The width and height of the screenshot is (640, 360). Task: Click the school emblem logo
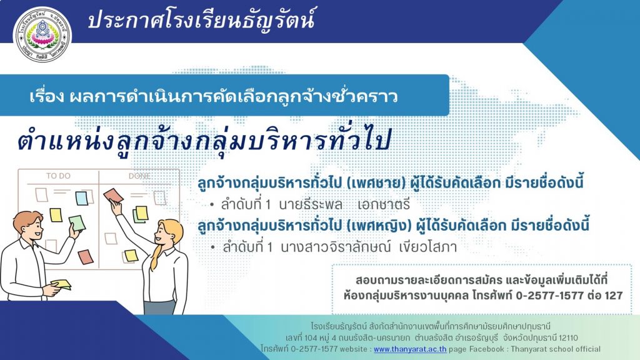click(42, 35)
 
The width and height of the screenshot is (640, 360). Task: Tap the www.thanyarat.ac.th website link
click(410, 349)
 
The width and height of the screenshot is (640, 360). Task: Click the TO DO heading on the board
click(58, 176)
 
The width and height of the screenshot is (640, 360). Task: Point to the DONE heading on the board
click(139, 176)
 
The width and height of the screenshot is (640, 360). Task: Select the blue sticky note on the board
click(82, 198)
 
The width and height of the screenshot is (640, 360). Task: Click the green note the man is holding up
click(77, 223)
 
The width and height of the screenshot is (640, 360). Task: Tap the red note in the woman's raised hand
click(113, 196)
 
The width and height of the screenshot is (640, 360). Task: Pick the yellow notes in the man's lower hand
click(61, 284)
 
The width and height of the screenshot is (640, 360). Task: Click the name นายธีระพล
click(311, 204)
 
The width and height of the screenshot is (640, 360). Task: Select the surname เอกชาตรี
click(383, 204)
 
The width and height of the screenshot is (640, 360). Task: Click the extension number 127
click(614, 295)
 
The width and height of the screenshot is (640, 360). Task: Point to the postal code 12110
click(568, 338)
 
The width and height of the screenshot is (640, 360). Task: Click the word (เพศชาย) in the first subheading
click(376, 183)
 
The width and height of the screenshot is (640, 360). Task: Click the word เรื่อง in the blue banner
click(47, 96)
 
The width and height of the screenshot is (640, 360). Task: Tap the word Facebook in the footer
click(486, 349)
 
